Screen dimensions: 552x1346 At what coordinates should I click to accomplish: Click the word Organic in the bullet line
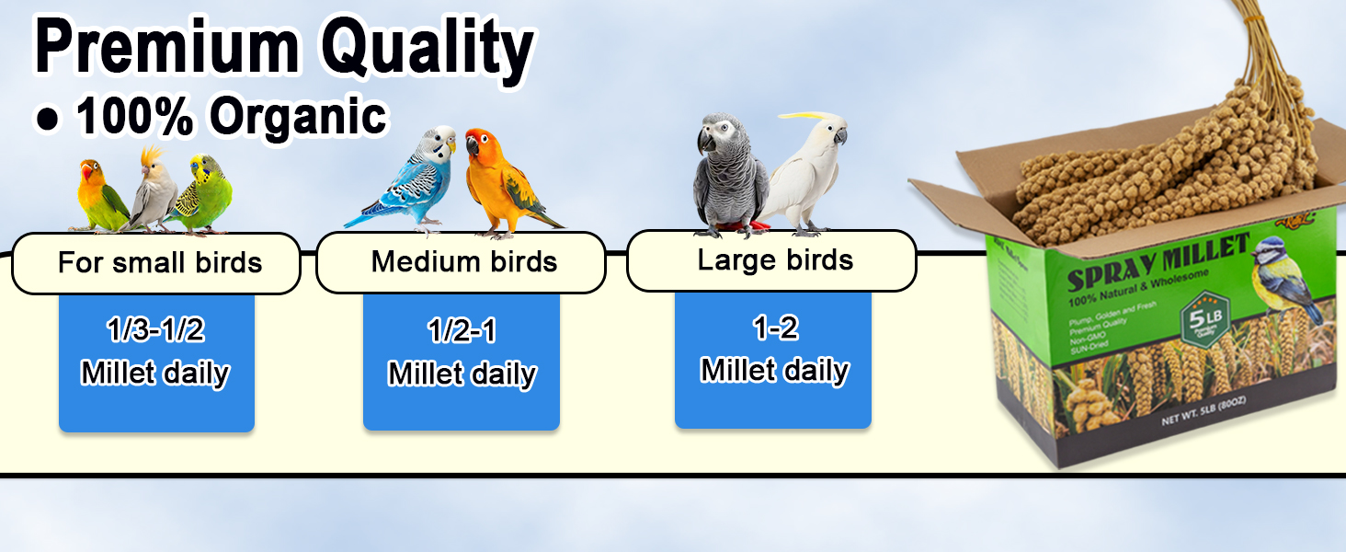click(x=297, y=117)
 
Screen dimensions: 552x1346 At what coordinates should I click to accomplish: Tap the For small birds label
click(x=159, y=263)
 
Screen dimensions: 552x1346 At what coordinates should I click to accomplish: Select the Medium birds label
click(x=463, y=261)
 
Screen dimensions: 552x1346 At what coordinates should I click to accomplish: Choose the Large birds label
click(x=775, y=260)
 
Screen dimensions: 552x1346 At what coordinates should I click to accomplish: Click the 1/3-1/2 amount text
click(x=155, y=329)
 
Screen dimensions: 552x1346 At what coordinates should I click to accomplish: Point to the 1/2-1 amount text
click(x=462, y=331)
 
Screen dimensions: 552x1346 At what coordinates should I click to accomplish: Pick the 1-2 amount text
click(x=775, y=328)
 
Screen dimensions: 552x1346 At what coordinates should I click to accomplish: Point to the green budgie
click(x=202, y=193)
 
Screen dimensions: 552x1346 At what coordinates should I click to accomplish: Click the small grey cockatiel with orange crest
click(x=152, y=193)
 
